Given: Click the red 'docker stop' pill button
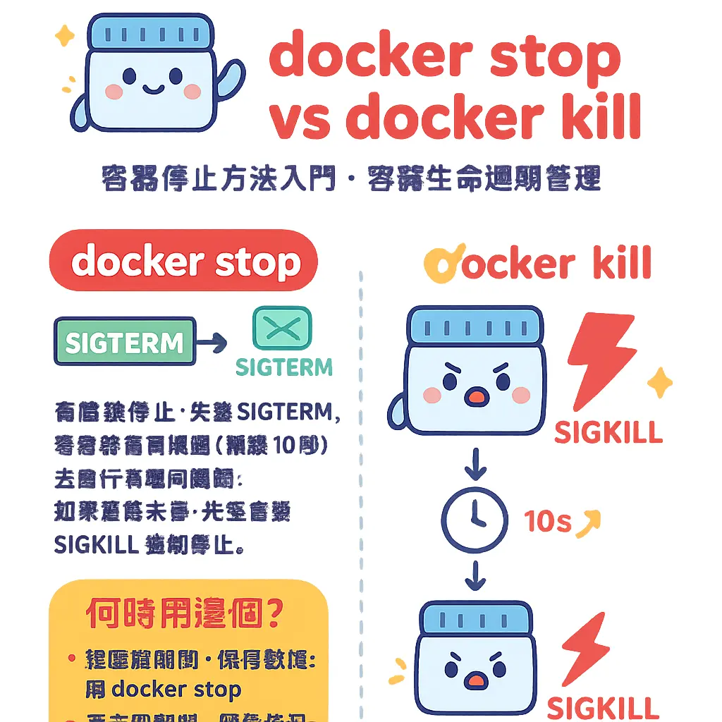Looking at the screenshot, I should point(184,262).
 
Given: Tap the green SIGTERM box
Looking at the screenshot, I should point(125,343).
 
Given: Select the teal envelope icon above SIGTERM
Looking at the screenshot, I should point(281,328).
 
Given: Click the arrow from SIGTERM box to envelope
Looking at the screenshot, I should point(212,343).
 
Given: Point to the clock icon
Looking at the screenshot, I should point(474,520).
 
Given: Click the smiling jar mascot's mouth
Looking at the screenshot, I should point(152,90).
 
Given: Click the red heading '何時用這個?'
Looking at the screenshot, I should point(185,614).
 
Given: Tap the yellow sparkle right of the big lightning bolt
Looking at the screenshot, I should point(661,383).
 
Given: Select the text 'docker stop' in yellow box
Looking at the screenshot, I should point(176,689).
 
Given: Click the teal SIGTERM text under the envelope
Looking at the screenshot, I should point(283,367).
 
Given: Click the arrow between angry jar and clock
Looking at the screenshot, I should point(475,464).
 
